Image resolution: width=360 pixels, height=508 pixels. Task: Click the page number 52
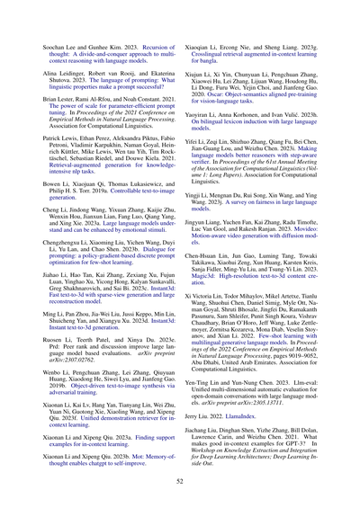pyautogui.click(x=180, y=482)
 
